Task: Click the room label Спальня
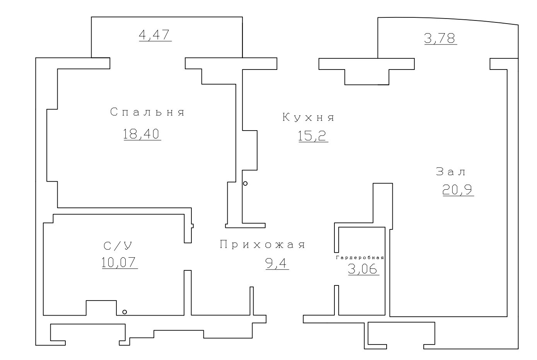point(147,112)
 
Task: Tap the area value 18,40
point(142,134)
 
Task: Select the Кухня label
point(308,117)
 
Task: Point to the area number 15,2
point(313,136)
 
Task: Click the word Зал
point(451,172)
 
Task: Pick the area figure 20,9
point(458,190)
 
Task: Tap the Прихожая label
point(263,245)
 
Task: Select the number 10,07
point(120,262)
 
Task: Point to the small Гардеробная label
point(360,257)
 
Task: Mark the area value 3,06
point(363,268)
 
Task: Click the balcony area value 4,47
point(155,35)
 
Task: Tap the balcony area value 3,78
point(440,38)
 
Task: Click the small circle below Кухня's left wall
point(245,184)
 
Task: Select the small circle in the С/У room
point(124,312)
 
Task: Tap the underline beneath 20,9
point(458,196)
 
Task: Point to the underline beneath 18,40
point(142,140)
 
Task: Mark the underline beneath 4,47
point(155,41)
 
